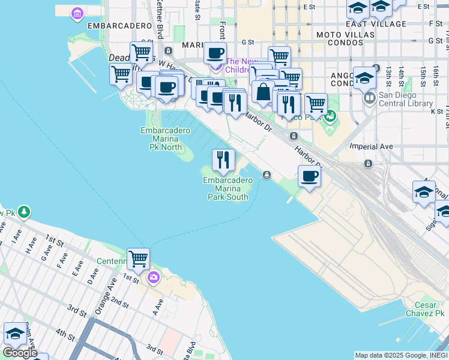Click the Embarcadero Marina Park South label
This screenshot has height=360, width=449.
(228, 188)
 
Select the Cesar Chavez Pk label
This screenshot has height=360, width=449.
(425, 309)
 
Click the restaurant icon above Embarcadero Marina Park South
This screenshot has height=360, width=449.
(223, 160)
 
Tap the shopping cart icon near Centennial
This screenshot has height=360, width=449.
(138, 259)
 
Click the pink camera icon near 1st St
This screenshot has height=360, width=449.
(154, 277)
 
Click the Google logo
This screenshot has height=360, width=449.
(20, 353)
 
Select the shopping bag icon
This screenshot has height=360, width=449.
(263, 92)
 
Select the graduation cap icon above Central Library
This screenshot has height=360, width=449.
(364, 77)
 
